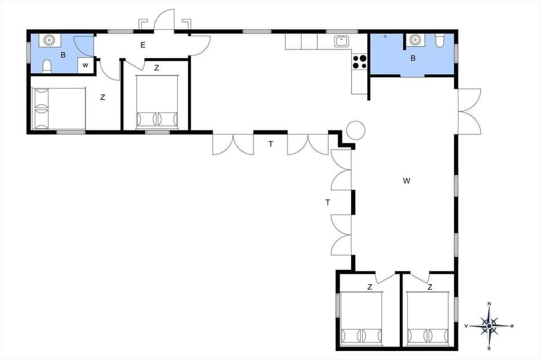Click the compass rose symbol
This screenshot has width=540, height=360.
(489, 325)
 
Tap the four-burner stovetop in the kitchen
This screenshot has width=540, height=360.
(359, 62)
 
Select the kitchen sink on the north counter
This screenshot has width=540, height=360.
(341, 40)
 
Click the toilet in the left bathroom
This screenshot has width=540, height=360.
(47, 66)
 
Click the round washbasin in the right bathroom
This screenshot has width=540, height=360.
(415, 39)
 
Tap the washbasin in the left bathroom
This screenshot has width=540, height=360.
(49, 41)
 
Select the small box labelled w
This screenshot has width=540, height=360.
(85, 65)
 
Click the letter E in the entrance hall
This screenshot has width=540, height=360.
(143, 45)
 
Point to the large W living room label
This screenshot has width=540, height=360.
(407, 181)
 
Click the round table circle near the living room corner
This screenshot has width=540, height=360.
(355, 130)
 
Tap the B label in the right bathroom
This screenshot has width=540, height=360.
(413, 58)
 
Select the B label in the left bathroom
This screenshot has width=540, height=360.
(63, 55)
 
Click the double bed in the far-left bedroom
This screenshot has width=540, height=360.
(58, 107)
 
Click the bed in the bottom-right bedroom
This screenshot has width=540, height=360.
(428, 318)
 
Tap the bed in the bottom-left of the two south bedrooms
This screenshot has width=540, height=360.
(361, 318)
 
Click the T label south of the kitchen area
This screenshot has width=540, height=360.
(271, 144)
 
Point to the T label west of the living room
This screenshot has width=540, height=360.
(327, 202)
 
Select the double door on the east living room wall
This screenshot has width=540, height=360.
(469, 111)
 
